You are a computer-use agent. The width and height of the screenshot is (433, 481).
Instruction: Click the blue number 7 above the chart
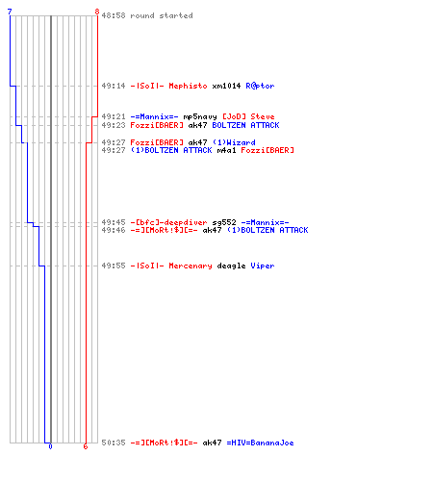pyautogui.click(x=10, y=12)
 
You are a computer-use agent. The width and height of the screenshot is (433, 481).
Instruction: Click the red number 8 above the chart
pyautogui.click(x=97, y=12)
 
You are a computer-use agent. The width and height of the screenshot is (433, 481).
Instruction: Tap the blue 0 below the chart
pyautogui.click(x=50, y=446)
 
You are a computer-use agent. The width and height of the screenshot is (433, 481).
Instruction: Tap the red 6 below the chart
pyautogui.click(x=86, y=446)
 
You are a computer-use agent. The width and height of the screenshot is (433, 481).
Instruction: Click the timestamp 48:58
pyautogui.click(x=114, y=15)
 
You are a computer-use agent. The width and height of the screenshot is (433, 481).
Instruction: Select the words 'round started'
pyautogui.click(x=162, y=15)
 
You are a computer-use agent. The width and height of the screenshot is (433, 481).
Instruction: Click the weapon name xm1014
pyautogui.click(x=226, y=86)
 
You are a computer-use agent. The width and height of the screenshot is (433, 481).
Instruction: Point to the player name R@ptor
pyautogui.click(x=260, y=86)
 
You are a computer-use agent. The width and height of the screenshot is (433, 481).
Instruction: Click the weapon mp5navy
pyautogui.click(x=200, y=116)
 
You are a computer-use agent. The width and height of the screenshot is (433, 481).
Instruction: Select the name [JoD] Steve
pyautogui.click(x=248, y=116)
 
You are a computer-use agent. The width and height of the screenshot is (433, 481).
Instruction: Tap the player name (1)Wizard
pyautogui.click(x=234, y=142)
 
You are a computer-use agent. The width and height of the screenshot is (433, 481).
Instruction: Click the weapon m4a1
pyautogui.click(x=226, y=150)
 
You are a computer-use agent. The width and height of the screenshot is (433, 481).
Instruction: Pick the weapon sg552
pyautogui.click(x=224, y=222)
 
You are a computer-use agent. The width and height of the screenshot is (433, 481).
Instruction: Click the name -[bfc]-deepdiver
pyautogui.click(x=168, y=222)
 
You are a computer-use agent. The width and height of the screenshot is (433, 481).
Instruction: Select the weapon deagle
pyautogui.click(x=231, y=266)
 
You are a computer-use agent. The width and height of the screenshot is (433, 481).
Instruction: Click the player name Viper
pyautogui.click(x=263, y=266)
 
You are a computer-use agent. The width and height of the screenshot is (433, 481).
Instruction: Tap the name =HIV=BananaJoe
pyautogui.click(x=260, y=443)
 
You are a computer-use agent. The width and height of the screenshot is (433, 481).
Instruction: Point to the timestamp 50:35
pyautogui.click(x=114, y=443)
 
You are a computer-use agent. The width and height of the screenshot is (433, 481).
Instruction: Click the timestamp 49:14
pyautogui.click(x=114, y=86)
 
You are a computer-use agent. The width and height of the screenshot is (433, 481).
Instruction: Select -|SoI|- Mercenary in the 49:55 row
pyautogui.click(x=171, y=266)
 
